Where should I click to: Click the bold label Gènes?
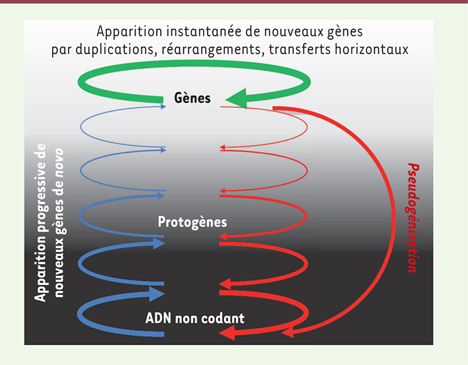(x=192, y=98)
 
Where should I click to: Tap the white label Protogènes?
(x=192, y=222)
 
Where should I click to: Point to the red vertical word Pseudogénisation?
(x=413, y=218)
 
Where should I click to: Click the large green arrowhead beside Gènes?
(x=237, y=98)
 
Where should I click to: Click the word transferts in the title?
(x=300, y=49)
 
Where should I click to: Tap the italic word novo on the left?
(x=59, y=163)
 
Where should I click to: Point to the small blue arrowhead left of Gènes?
(x=163, y=106)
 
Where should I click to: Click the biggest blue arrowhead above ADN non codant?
(x=156, y=294)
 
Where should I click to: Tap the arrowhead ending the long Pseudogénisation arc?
(x=288, y=333)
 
